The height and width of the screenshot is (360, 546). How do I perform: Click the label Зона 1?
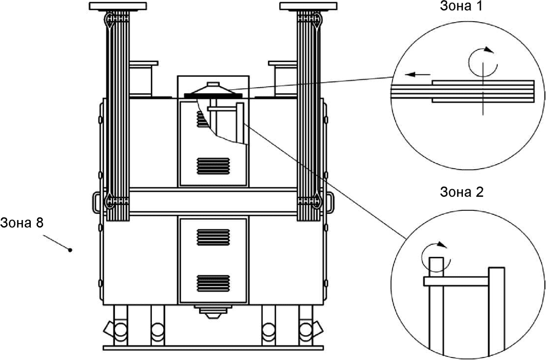coord(461,6)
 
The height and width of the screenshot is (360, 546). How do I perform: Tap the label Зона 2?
coord(462,192)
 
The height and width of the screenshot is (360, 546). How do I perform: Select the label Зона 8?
coord(22,223)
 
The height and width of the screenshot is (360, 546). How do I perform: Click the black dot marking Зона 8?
coord(70,250)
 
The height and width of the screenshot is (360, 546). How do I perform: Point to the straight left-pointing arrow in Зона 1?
coord(418,74)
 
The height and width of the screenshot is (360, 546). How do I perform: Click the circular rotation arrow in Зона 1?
coord(483,62)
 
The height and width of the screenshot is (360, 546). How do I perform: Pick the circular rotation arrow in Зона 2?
coord(435,257)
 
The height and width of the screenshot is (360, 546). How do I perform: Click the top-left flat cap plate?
coord(118,6)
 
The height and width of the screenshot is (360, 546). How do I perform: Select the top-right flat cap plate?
coord(308,6)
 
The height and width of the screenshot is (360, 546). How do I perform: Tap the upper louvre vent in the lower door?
coord(213,237)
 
